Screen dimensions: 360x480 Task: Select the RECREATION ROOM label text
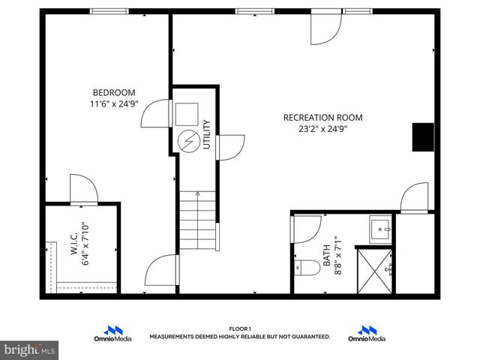click(322, 117)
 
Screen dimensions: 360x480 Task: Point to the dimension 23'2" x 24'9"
click(322, 128)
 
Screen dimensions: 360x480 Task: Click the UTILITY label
click(207, 135)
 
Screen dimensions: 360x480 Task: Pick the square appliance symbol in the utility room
click(186, 113)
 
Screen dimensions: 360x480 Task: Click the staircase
click(199, 222)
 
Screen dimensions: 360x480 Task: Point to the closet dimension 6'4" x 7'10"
click(85, 244)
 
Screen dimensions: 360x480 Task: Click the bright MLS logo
click(29, 349)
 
